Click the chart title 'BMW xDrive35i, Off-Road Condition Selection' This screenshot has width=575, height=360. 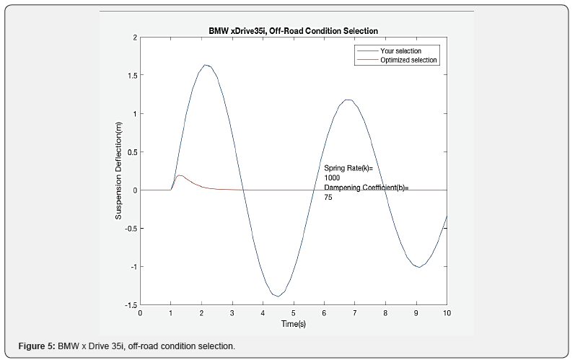(x=293, y=30)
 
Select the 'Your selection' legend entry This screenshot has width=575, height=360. (x=400, y=51)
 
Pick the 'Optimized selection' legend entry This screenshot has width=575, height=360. (x=408, y=60)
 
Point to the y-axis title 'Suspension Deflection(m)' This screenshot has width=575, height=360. (x=118, y=171)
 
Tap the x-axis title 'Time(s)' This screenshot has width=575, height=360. (x=293, y=324)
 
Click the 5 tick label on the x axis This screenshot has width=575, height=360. (x=294, y=313)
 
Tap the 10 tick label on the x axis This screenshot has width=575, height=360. (x=447, y=313)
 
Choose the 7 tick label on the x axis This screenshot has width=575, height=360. (x=355, y=313)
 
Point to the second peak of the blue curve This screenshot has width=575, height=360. (x=348, y=100)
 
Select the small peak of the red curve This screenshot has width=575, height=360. (x=180, y=175)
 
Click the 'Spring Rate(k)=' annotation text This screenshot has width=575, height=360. (x=348, y=168)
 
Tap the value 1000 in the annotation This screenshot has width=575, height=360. (x=333, y=177)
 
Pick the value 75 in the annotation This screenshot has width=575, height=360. (x=328, y=197)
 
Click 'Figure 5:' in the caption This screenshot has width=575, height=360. (x=36, y=346)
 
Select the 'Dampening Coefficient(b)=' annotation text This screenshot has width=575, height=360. (x=366, y=188)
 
